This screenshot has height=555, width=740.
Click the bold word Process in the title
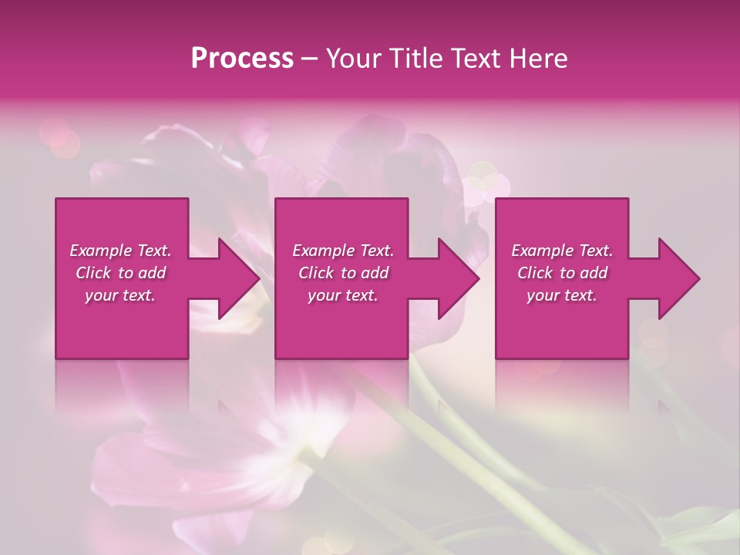[x=242, y=59]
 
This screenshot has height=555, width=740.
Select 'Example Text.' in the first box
[x=120, y=251]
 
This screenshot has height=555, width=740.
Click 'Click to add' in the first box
[x=120, y=273]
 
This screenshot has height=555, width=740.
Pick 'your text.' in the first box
[x=120, y=295]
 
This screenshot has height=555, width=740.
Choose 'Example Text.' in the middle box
[x=343, y=251]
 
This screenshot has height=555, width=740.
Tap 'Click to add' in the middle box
[x=343, y=273]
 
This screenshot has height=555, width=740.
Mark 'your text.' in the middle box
[x=343, y=295]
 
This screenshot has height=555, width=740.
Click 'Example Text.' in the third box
[x=562, y=251]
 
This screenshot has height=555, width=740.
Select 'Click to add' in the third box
[x=562, y=273]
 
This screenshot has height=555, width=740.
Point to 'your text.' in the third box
[x=562, y=295]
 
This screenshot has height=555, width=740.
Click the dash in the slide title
[x=309, y=59]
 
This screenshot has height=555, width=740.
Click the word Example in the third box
[x=541, y=251]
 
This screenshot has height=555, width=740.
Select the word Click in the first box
[x=94, y=273]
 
